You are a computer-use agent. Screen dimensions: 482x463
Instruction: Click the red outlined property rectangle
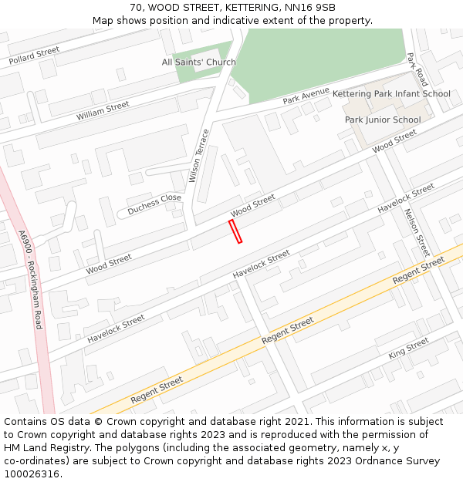pyautogui.click(x=235, y=231)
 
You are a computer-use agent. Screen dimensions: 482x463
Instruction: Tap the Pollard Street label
pyautogui.click(x=34, y=56)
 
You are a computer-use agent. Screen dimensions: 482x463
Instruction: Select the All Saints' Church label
pyautogui.click(x=199, y=62)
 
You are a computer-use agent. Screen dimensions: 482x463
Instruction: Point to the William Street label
pyautogui.click(x=103, y=111)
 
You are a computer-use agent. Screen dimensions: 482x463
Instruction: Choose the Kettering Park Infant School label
pyautogui.click(x=391, y=94)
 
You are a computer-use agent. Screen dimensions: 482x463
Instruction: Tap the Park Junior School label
pyautogui.click(x=383, y=120)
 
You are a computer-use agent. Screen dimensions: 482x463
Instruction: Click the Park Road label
pyautogui.click(x=417, y=69)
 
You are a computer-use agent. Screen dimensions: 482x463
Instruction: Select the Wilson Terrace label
pyautogui.click(x=199, y=156)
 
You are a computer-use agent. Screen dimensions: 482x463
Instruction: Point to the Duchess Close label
pyautogui.click(x=154, y=203)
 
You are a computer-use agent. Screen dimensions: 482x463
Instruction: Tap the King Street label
pyautogui.click(x=408, y=348)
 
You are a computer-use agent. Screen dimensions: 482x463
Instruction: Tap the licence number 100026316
pyautogui.click(x=31, y=474)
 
